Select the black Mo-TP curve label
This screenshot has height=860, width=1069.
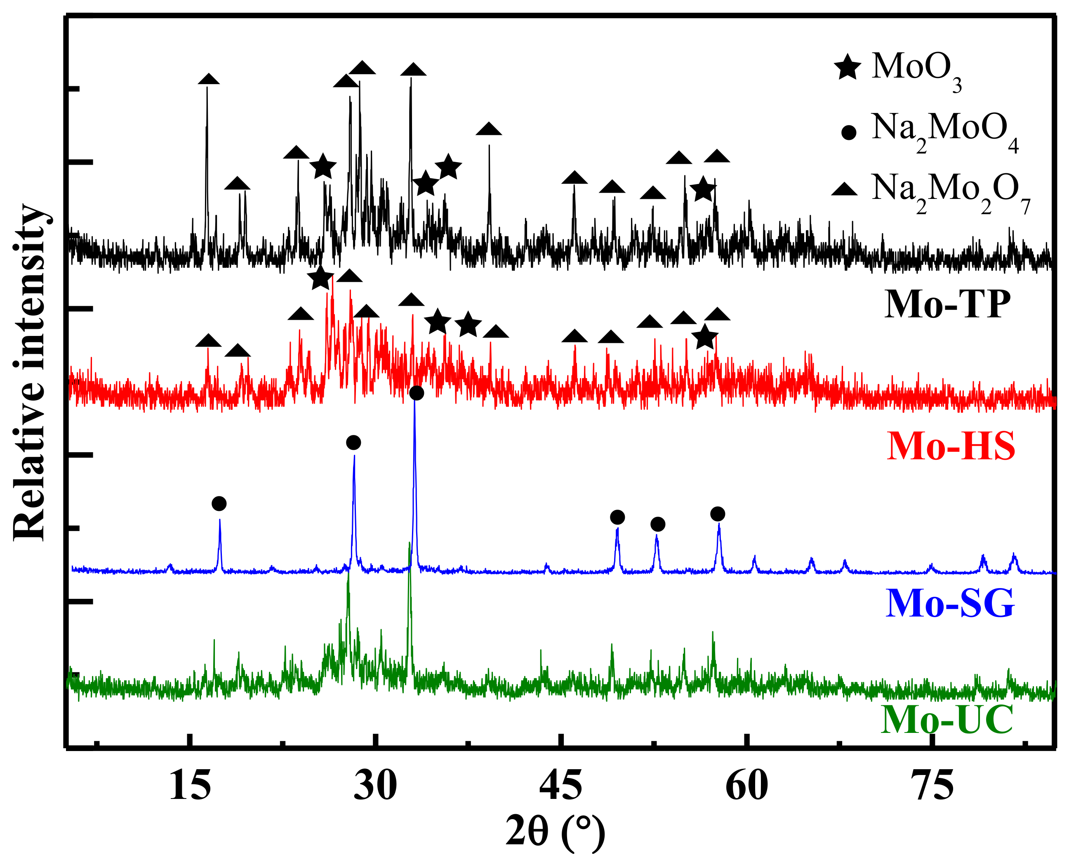pos(947,304)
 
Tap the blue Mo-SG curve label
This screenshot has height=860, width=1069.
pos(950,603)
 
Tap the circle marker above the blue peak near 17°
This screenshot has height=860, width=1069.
pos(219,504)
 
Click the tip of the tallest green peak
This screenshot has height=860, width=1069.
pos(409,542)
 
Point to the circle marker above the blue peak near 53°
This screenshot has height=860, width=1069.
pos(657,524)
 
